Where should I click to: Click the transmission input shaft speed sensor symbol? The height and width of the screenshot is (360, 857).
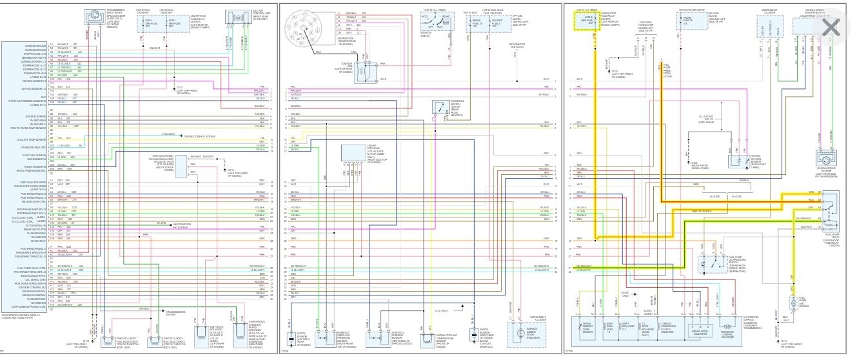tap(94, 14)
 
